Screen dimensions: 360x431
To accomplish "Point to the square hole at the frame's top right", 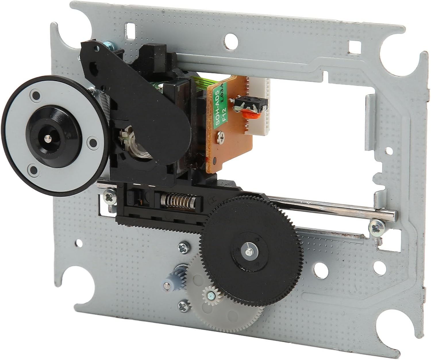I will pyautogui.click(x=353, y=45).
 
